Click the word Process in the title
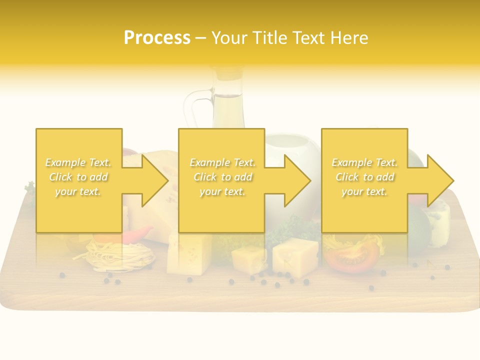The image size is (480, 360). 157,37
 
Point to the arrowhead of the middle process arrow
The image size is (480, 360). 298,180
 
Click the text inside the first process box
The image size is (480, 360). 78,177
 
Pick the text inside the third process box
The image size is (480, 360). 364,177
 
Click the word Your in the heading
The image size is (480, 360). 229,37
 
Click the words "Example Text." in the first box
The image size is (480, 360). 78,162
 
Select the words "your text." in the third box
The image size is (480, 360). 364,191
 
